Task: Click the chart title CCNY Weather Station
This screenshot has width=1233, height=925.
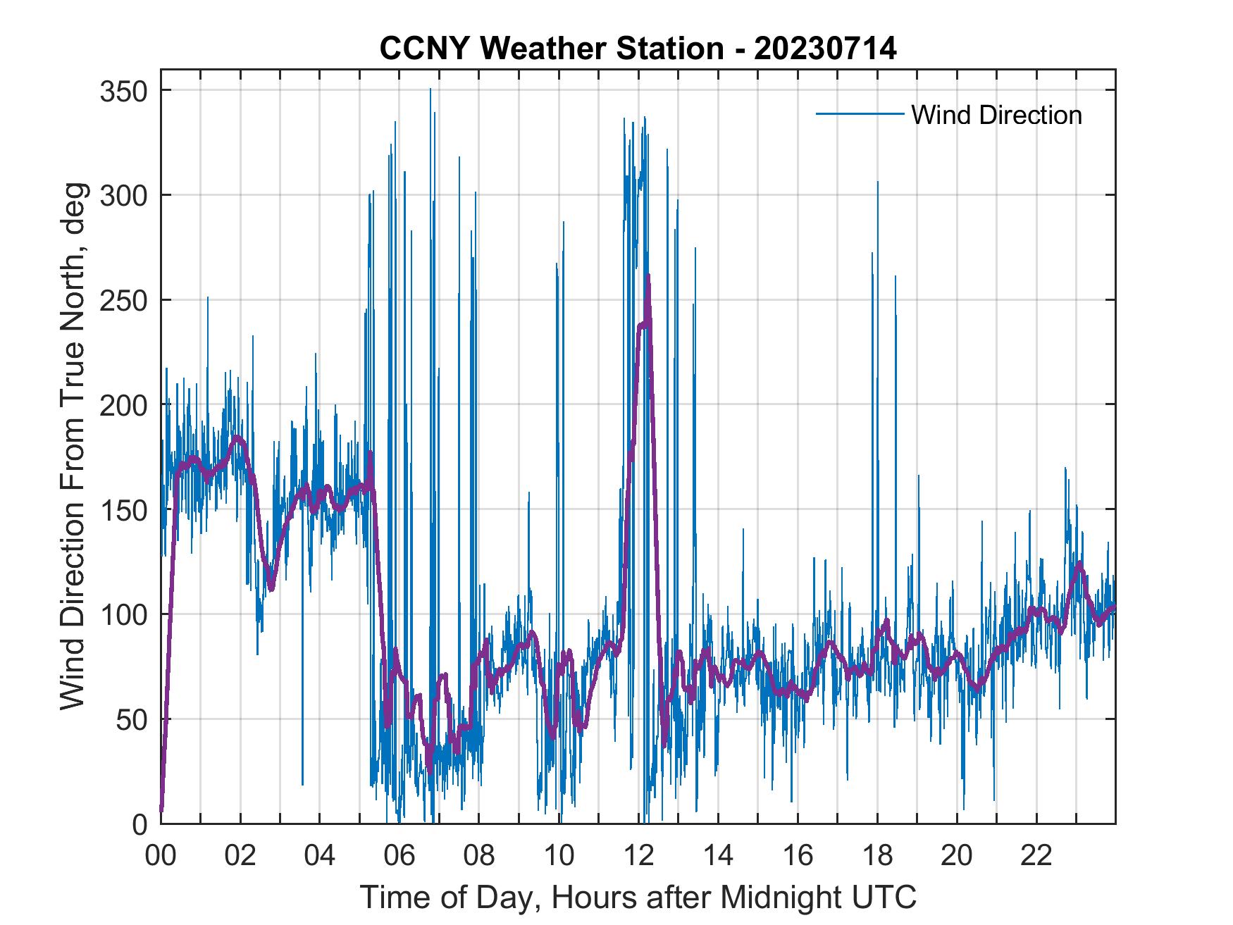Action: [638, 49]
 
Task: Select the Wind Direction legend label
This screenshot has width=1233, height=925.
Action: [996, 115]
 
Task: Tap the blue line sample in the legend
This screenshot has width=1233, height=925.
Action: [860, 113]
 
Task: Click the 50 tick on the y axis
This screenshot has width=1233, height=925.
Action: [135, 719]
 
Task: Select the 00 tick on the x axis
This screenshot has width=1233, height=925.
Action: [161, 856]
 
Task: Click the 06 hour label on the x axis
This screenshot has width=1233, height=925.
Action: [399, 856]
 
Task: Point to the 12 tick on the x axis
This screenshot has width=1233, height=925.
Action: [638, 856]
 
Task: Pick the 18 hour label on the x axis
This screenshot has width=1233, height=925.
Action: [877, 856]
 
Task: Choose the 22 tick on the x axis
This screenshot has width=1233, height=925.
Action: [1036, 856]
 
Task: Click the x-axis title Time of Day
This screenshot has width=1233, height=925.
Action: [638, 898]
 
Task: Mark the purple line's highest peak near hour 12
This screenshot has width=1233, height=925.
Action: [648, 275]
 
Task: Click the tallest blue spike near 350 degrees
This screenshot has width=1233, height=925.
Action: [430, 89]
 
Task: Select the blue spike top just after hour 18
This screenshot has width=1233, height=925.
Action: [877, 182]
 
